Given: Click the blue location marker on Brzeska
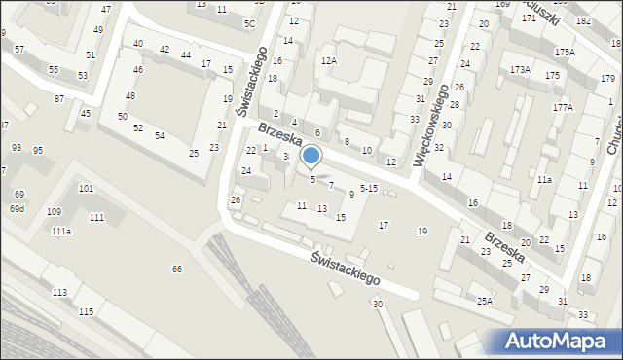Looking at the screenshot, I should pyautogui.click(x=311, y=156).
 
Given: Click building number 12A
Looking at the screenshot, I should pyautogui.click(x=329, y=60).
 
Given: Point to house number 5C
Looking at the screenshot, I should pyautogui.click(x=249, y=22).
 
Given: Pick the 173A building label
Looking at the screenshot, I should pyautogui.click(x=521, y=69).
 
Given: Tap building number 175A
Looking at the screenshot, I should pyautogui.click(x=565, y=52).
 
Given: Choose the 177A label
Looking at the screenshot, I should pyautogui.click(x=564, y=107).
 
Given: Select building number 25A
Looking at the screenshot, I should pyautogui.click(x=485, y=302).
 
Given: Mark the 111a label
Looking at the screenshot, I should pyautogui.click(x=61, y=231).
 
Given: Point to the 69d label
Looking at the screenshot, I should pyautogui.click(x=18, y=209).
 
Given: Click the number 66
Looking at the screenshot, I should pyautogui.click(x=177, y=269).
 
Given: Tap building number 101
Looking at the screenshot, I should pyautogui.click(x=86, y=188).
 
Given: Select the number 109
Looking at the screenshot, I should pyautogui.click(x=54, y=211).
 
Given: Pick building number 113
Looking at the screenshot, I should pyautogui.click(x=60, y=292).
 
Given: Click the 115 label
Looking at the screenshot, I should pyautogui.click(x=86, y=310).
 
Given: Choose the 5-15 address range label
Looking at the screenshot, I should pyautogui.click(x=369, y=188).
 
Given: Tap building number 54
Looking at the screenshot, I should pyautogui.click(x=159, y=134).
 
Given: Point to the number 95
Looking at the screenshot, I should pyautogui.click(x=38, y=150).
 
